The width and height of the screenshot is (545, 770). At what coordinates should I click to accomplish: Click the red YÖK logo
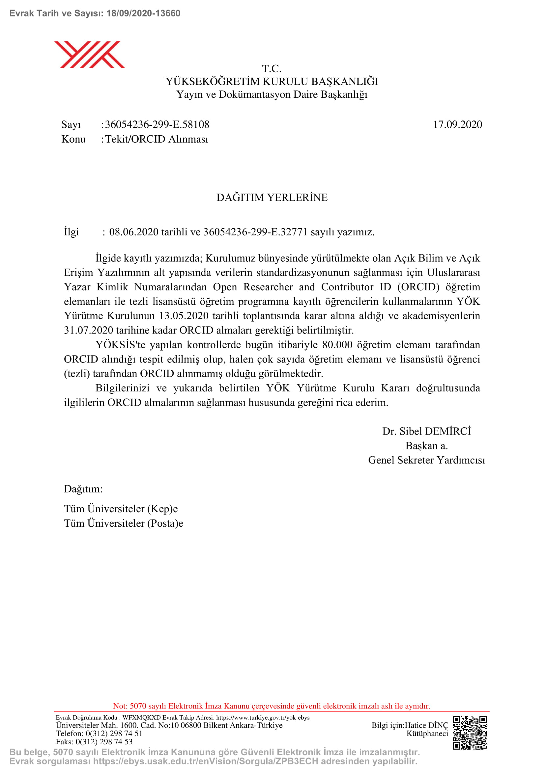(x=89, y=54)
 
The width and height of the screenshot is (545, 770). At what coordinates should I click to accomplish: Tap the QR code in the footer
(x=470, y=733)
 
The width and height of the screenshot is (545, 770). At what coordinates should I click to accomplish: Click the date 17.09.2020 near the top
(x=457, y=124)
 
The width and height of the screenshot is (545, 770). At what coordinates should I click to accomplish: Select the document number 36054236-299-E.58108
(x=157, y=124)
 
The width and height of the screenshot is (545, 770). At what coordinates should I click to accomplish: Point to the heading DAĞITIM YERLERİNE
(x=272, y=197)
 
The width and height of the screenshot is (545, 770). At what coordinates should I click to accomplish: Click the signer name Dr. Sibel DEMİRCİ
(x=426, y=431)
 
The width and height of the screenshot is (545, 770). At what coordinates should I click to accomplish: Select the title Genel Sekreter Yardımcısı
(x=426, y=460)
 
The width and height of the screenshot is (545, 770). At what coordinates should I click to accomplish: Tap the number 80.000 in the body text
(x=337, y=344)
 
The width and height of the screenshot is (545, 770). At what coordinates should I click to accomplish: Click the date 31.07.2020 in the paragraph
(x=88, y=330)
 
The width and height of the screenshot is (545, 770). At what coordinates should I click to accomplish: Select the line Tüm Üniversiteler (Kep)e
(x=121, y=509)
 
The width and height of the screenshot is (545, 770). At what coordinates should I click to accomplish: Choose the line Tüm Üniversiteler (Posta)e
(x=124, y=523)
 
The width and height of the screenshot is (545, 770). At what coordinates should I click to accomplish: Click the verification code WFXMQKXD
(x=141, y=717)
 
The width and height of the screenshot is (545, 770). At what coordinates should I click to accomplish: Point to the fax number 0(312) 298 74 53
(x=104, y=741)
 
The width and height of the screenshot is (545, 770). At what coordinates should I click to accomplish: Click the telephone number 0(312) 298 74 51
(x=114, y=733)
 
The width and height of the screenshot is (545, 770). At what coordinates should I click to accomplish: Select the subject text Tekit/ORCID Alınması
(x=157, y=139)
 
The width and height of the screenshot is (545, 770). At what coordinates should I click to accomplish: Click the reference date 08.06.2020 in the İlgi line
(x=133, y=232)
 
